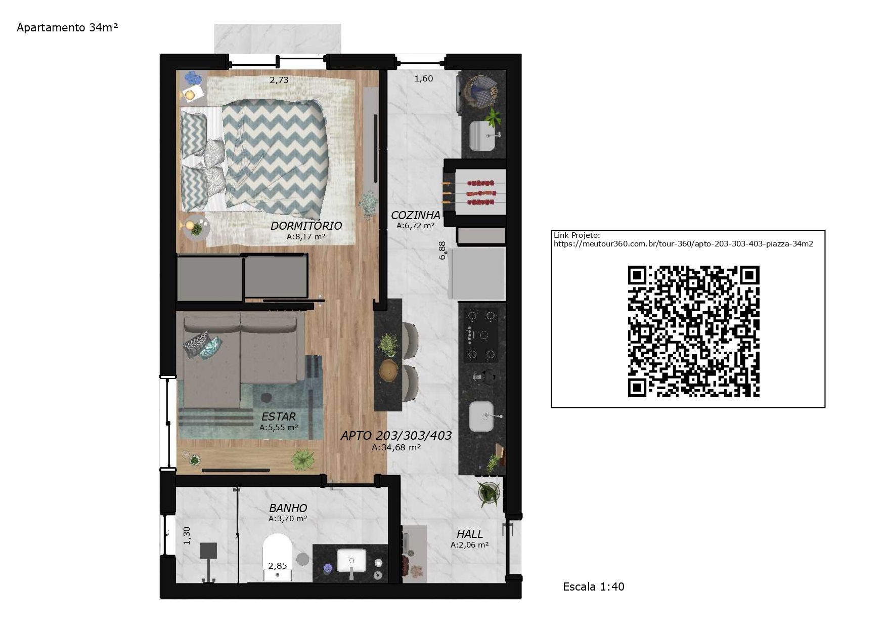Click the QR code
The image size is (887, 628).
(x=693, y=331)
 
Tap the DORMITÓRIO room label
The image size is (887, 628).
(x=306, y=226)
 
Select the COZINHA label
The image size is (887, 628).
(x=415, y=215)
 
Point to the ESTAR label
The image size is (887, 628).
(x=279, y=417)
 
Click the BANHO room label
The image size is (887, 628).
(x=288, y=508)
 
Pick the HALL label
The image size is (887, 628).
(x=470, y=534)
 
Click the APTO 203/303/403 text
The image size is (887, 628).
(x=396, y=436)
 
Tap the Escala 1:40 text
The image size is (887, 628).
(x=594, y=587)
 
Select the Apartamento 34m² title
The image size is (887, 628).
(x=67, y=27)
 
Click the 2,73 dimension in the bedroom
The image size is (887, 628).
(x=279, y=80)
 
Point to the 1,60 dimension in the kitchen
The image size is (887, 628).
(x=424, y=78)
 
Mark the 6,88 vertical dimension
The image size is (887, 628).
(x=442, y=250)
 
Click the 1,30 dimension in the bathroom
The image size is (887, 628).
(x=187, y=535)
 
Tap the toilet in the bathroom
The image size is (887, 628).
(x=278, y=557)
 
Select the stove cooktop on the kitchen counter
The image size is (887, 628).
(x=481, y=334)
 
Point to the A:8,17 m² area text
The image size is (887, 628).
(x=306, y=236)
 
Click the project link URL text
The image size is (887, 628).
(x=683, y=243)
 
